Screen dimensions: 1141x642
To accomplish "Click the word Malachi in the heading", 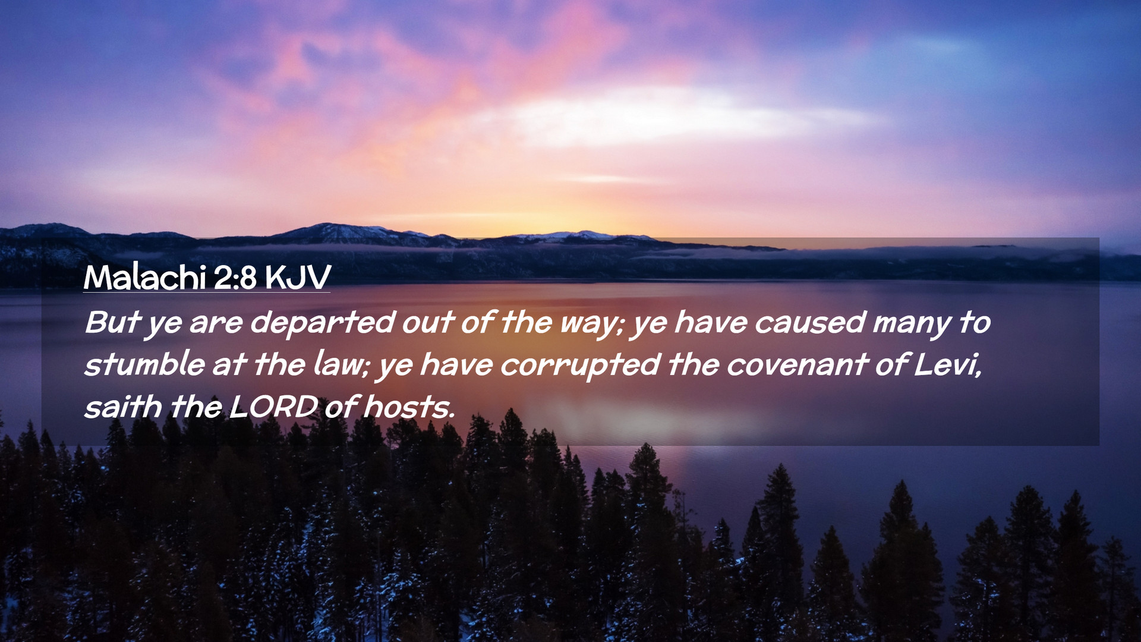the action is click(x=144, y=277).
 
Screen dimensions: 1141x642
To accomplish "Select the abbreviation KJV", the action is click(x=298, y=277).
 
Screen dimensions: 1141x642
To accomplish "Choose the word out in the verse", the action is click(x=428, y=323).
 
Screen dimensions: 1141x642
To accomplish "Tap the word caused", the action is click(x=810, y=323).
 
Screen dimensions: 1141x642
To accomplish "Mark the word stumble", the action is click(x=144, y=364).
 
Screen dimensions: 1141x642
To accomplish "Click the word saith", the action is click(x=123, y=407).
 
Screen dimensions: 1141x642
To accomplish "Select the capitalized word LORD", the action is click(x=273, y=407).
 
